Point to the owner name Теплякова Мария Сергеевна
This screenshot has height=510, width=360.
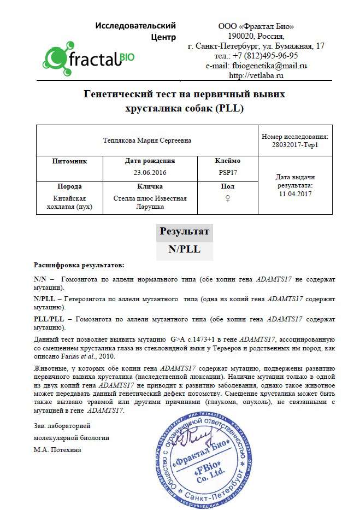pos(146,140)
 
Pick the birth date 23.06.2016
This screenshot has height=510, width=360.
pos(150,172)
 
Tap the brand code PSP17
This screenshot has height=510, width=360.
pos(228,172)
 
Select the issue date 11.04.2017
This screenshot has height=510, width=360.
pos(295,194)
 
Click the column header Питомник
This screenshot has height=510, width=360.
pos(69,161)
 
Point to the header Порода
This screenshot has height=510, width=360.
pos(69,186)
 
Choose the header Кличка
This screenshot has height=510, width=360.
pos(150,186)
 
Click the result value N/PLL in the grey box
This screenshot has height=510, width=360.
pos(184,249)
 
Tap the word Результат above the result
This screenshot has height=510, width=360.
pos(184,231)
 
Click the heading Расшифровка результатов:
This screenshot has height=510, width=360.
pos(79,265)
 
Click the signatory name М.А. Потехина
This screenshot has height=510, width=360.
pos(57,449)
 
